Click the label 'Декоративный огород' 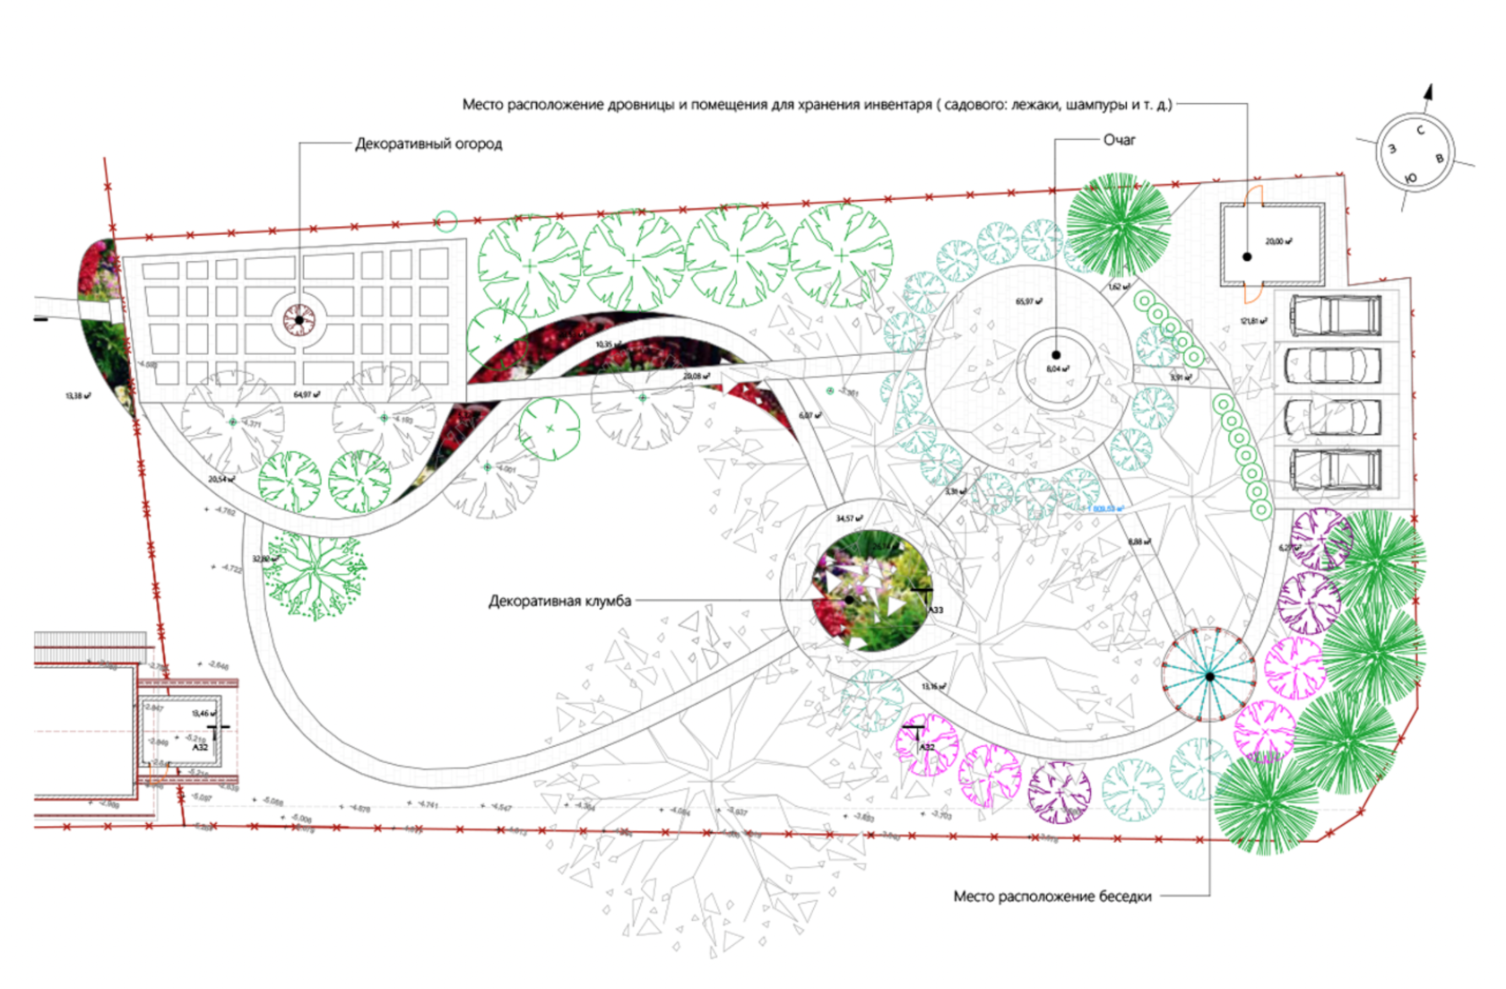pos(428,143)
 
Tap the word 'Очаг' pos(1120,140)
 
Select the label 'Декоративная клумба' pos(559,601)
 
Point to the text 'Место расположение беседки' pos(1052,896)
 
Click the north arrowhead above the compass pos(1429,91)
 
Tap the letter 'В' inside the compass pos(1441,159)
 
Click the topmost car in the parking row pos(1335,315)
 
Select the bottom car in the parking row pos(1335,468)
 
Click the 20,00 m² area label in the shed pos(1278,241)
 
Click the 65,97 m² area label pos(1028,301)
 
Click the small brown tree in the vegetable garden pos(299,319)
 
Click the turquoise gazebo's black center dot pos(1209,676)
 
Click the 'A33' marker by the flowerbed pos(934,610)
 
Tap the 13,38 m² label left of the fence pos(77,395)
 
